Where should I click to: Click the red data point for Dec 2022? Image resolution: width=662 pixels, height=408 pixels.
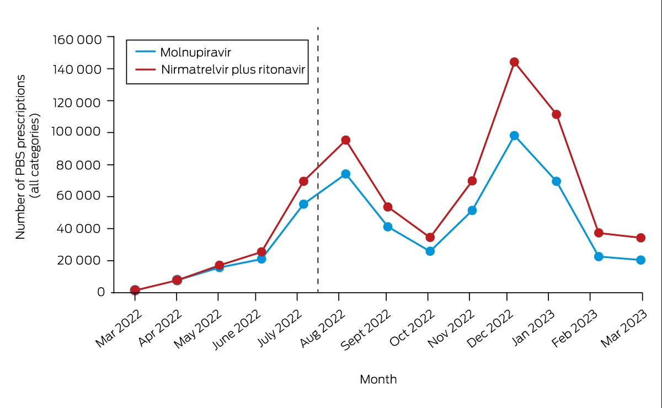pyautogui.click(x=514, y=62)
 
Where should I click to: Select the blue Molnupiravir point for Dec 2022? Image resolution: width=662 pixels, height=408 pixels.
pyautogui.click(x=514, y=136)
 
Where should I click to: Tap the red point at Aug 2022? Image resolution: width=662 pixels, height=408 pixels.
pyautogui.click(x=345, y=140)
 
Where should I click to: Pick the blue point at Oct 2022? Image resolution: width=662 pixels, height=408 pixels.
pyautogui.click(x=430, y=251)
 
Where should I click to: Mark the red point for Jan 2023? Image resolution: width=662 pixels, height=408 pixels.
pyautogui.click(x=556, y=114)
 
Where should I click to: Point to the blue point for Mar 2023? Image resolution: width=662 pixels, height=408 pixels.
pyautogui.click(x=640, y=260)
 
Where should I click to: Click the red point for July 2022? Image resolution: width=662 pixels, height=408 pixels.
pyautogui.click(x=303, y=181)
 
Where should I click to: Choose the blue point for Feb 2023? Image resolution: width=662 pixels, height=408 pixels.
pyautogui.click(x=599, y=256)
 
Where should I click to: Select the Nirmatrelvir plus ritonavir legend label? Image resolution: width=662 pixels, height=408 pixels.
pyautogui.click(x=233, y=69)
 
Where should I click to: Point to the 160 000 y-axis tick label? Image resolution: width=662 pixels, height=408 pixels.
pyautogui.click(x=77, y=40)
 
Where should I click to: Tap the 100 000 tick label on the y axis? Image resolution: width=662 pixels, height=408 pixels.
pyautogui.click(x=76, y=131)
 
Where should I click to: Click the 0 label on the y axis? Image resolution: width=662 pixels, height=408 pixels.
pyautogui.click(x=101, y=292)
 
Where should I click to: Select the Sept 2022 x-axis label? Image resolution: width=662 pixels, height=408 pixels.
pyautogui.click(x=366, y=330)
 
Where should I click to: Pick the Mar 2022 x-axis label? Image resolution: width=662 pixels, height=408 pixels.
pyautogui.click(x=119, y=328)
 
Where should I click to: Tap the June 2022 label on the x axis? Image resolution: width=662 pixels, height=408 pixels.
pyautogui.click(x=237, y=329)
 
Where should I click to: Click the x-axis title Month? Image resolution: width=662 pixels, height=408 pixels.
pyautogui.click(x=378, y=379)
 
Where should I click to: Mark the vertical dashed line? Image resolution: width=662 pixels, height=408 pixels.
pyautogui.click(x=318, y=159)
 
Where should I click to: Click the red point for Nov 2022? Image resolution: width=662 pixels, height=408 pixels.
pyautogui.click(x=472, y=181)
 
